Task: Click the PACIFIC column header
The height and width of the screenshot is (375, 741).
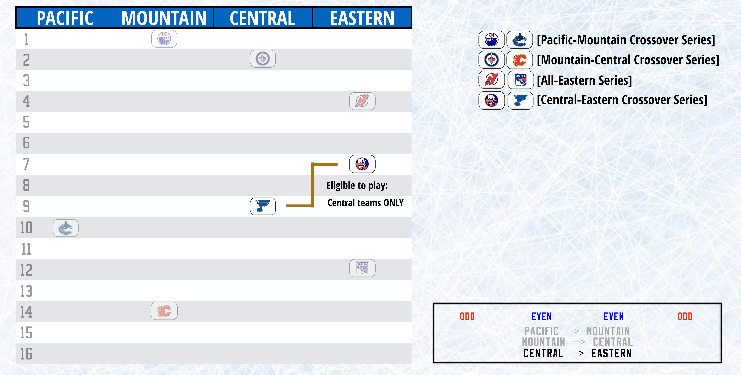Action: click(x=65, y=18)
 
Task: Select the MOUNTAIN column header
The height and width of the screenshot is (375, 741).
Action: click(x=164, y=18)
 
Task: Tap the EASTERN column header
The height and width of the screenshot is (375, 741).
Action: click(x=362, y=18)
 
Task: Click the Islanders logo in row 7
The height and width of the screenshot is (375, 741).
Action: click(x=362, y=164)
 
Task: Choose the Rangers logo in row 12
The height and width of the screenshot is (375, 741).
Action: click(x=362, y=268)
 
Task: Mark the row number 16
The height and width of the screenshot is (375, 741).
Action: click(x=26, y=354)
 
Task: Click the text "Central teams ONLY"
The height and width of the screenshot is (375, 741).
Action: click(x=365, y=203)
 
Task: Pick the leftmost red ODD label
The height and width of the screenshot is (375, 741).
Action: click(x=467, y=316)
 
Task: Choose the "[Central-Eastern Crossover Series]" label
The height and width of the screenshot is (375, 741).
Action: click(x=622, y=100)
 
